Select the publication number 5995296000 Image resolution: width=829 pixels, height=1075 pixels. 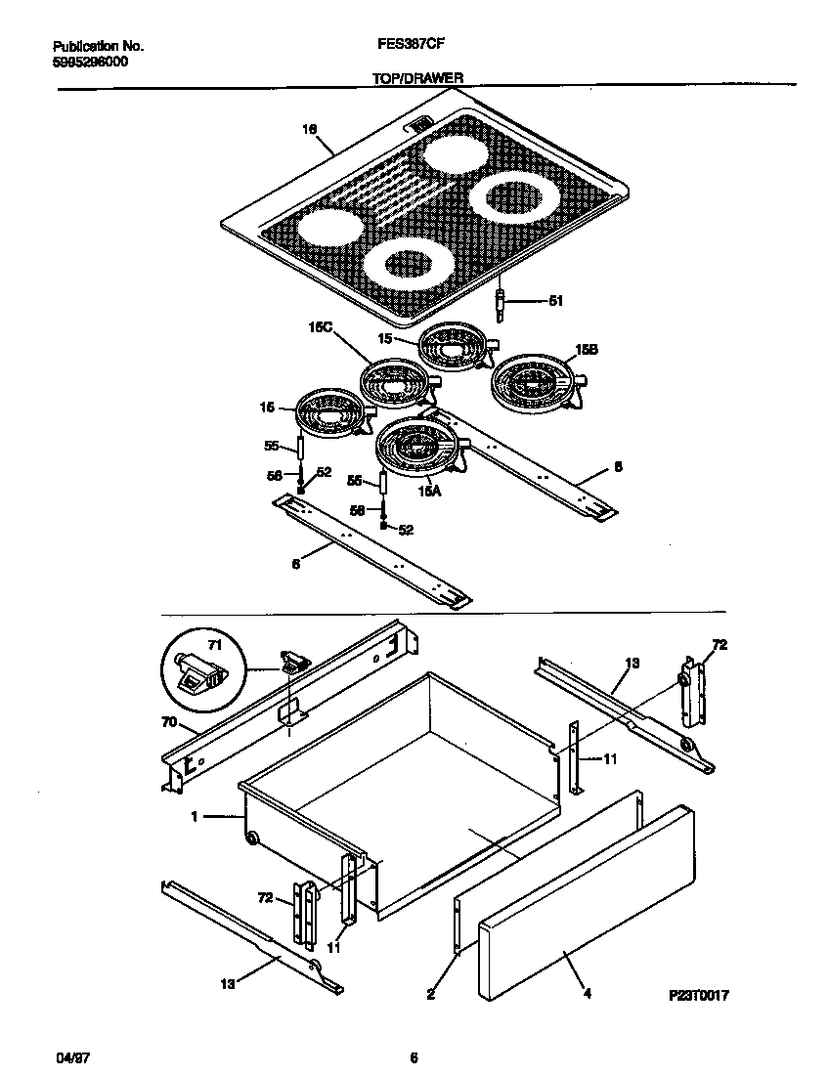[91, 61]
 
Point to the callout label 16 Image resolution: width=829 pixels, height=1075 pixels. [309, 128]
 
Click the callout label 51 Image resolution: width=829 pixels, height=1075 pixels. [555, 301]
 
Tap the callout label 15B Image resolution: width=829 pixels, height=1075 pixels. [586, 348]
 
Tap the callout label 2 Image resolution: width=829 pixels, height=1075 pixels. [429, 996]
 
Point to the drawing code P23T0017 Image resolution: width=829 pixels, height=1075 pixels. [700, 993]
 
